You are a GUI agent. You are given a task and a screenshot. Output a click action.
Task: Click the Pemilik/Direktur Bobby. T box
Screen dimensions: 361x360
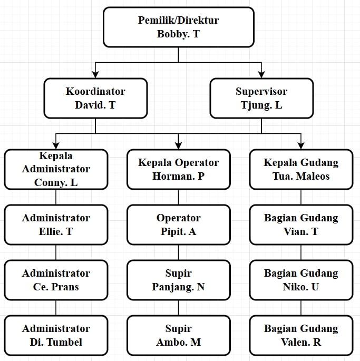tap(178, 27)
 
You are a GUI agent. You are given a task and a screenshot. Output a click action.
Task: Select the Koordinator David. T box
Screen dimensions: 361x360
tap(95, 98)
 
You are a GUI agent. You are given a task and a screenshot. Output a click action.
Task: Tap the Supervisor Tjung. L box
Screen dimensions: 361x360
tap(261, 98)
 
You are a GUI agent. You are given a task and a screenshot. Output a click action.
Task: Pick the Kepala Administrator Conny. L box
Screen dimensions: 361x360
tap(56, 169)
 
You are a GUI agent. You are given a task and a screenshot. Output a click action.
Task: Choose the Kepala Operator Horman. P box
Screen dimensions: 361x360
tap(178, 169)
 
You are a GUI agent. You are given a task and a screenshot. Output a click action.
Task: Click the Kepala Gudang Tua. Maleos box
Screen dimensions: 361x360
tap(301, 169)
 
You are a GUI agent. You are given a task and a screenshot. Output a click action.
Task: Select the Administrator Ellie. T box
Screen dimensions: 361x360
tap(56, 225)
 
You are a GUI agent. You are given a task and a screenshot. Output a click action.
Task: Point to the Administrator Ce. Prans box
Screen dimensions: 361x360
tap(56, 280)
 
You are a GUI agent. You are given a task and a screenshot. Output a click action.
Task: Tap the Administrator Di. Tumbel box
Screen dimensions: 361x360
tap(56, 335)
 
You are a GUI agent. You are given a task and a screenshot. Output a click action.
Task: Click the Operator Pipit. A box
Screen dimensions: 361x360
tap(178, 225)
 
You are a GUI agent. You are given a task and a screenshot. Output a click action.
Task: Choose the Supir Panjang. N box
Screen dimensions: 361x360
tap(178, 280)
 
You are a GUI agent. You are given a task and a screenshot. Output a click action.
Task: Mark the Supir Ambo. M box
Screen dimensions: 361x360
tap(178, 335)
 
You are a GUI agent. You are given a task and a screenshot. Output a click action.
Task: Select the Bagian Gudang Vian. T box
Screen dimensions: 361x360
tap(301, 225)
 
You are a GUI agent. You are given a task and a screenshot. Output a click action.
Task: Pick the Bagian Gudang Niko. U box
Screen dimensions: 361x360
tap(301, 280)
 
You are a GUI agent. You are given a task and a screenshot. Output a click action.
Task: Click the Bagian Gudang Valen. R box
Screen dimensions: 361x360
tap(301, 335)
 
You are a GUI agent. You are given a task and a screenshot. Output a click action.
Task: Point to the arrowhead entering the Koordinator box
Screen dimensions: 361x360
tap(95, 74)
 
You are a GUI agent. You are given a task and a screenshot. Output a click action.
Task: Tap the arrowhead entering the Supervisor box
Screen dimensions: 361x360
tap(261, 74)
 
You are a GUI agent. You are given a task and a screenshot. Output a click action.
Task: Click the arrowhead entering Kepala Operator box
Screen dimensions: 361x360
tap(178, 145)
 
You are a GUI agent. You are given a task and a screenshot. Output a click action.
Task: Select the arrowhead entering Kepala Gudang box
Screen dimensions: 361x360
tap(301, 145)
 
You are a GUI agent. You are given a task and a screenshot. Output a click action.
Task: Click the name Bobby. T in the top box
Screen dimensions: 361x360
tap(178, 34)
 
